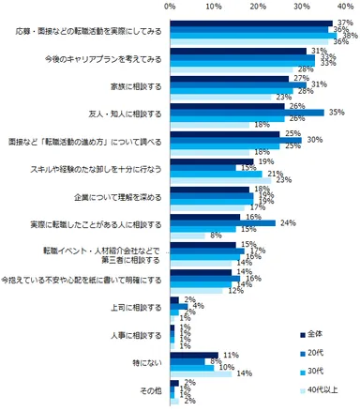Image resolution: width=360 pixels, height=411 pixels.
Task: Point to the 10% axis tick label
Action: click(215, 7)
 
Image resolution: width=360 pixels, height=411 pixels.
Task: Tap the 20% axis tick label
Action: click(261, 7)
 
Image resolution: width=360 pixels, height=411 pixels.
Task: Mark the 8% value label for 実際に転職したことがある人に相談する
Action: click(217, 236)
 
